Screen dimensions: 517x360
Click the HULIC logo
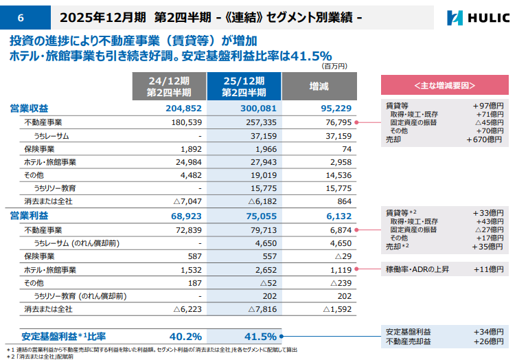point(478,18)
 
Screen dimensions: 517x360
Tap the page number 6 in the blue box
point(21,17)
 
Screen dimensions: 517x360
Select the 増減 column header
point(319,87)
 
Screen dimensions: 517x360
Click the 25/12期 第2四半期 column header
point(244,87)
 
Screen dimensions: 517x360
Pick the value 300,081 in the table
point(258,109)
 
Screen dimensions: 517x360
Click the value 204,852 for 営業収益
point(183,109)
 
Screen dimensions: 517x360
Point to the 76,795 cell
point(338,122)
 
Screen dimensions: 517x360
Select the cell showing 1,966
point(266,149)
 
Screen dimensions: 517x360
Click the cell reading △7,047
point(187,201)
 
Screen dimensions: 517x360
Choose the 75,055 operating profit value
point(261,216)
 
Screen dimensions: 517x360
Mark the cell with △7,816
point(262,309)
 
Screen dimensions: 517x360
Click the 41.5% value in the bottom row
point(260,337)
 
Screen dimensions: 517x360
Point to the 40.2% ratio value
point(185,337)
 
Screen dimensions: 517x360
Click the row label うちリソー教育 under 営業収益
point(55,188)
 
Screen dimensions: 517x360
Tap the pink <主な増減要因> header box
point(445,85)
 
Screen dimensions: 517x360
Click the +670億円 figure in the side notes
point(484,139)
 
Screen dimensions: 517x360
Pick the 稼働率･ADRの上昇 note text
point(417,269)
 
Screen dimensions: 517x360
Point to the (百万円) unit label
point(334,67)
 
